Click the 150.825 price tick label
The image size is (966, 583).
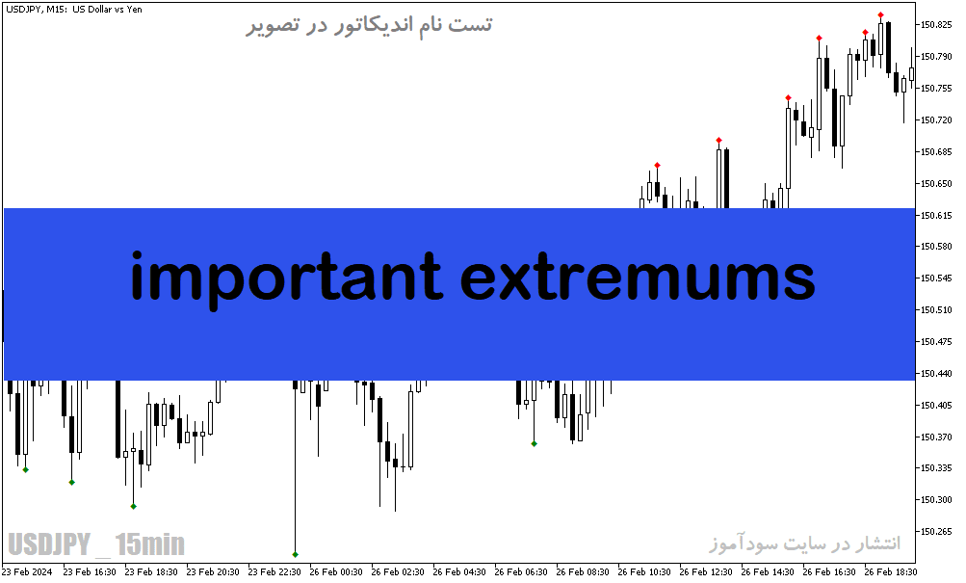936,25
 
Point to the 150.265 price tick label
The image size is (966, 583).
936,531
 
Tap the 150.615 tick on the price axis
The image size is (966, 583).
936,215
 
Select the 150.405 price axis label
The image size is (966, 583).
936,405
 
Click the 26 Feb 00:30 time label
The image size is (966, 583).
336,571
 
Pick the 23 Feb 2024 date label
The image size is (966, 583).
27,571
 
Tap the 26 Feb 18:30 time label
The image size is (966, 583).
890,571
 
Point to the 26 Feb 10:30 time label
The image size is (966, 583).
643,571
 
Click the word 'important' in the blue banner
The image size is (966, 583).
286,278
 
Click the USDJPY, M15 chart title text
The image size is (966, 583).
74,10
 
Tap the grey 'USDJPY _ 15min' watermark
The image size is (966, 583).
96,544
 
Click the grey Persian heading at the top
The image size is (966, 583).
369,25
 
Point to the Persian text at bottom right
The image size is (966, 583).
804,543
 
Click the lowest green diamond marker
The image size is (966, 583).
295,555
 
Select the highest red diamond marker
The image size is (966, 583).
881,14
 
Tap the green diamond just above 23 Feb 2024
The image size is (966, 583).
26,470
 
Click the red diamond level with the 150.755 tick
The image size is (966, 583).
789,98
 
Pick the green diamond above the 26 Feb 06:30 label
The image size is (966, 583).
535,443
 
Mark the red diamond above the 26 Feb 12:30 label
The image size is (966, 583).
718,141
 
